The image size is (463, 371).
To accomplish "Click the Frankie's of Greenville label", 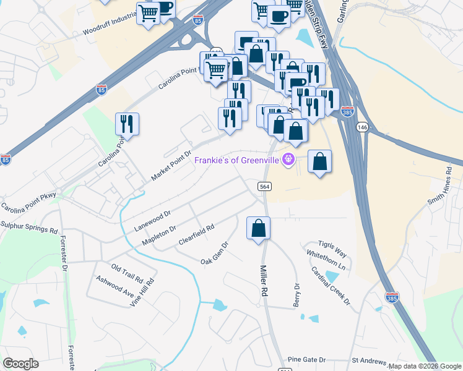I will (237, 160).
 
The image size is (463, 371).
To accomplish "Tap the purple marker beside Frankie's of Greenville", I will (288, 160).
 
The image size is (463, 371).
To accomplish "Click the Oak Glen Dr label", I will (215, 252).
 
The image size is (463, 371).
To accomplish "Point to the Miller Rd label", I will (264, 279).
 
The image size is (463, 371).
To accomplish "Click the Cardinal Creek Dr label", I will (331, 285).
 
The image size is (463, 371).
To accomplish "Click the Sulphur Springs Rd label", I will (28, 227).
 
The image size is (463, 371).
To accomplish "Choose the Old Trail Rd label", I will (127, 273).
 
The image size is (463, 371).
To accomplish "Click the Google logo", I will (20, 364).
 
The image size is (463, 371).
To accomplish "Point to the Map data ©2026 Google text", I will (424, 366).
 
